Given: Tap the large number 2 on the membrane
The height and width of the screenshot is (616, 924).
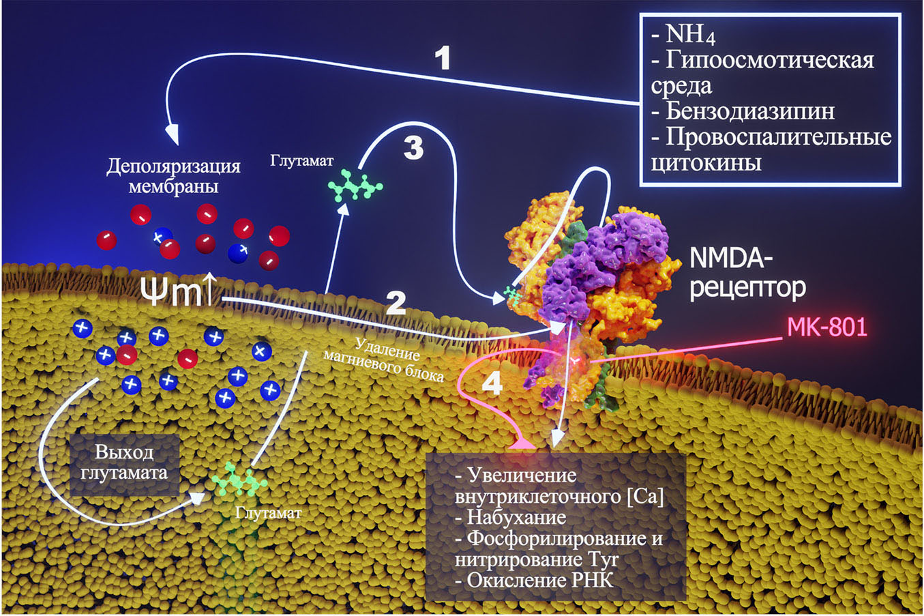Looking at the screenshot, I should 396,304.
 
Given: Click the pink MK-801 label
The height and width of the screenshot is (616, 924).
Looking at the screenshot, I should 826,327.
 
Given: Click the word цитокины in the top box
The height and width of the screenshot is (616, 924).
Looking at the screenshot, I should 706,162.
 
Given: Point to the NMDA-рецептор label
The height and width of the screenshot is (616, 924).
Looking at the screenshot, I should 747,273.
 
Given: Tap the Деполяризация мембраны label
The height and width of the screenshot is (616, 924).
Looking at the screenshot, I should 173,177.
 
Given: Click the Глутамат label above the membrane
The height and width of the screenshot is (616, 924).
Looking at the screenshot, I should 302,162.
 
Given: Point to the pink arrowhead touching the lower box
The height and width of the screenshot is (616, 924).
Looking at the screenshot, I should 522,445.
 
